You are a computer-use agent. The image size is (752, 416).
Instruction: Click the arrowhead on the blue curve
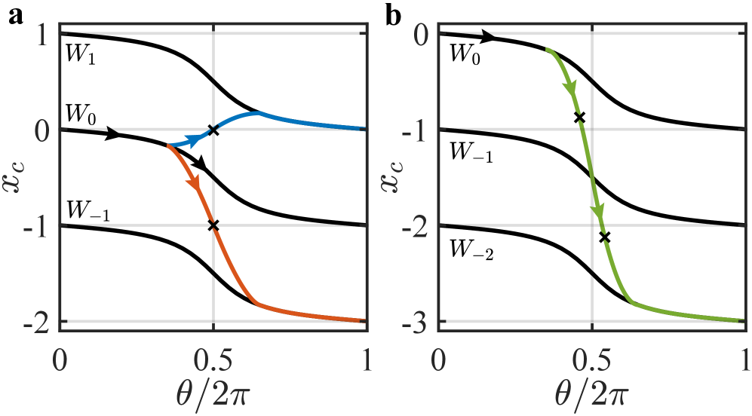point(197,139)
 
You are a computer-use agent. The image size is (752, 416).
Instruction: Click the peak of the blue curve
point(259,113)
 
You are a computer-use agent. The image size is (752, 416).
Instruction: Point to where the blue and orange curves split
point(167,145)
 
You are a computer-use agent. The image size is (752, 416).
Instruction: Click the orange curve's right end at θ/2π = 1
point(364,321)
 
